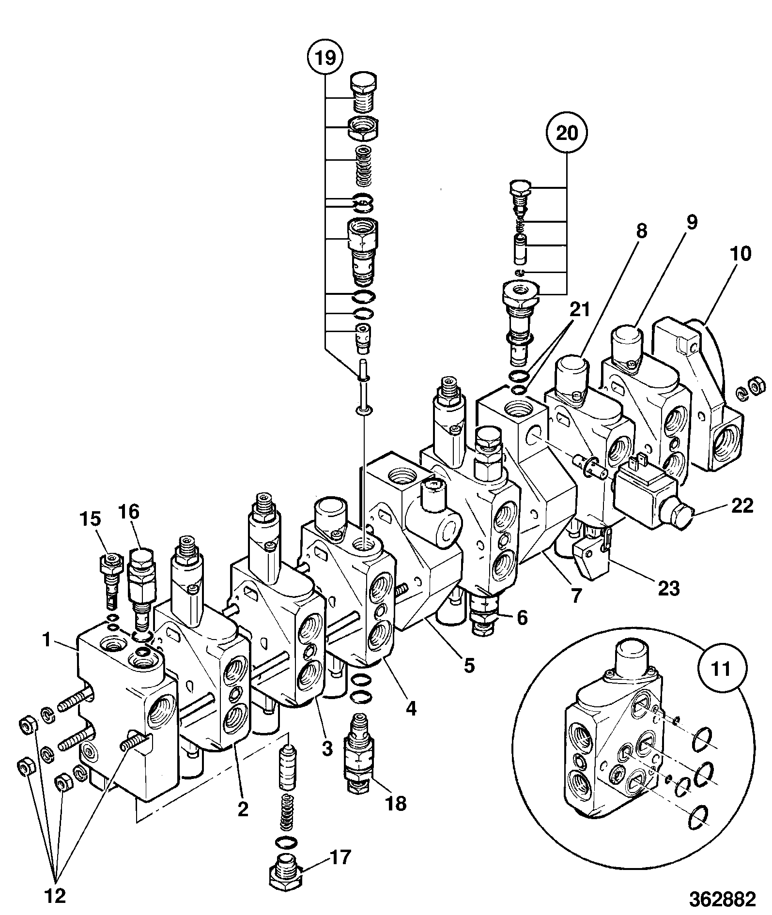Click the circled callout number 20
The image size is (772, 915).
click(567, 133)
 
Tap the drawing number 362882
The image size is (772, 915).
click(723, 900)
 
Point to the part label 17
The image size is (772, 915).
click(340, 858)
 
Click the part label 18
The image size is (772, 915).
click(396, 804)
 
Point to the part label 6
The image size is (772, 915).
click(522, 618)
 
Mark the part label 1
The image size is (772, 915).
click(47, 641)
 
